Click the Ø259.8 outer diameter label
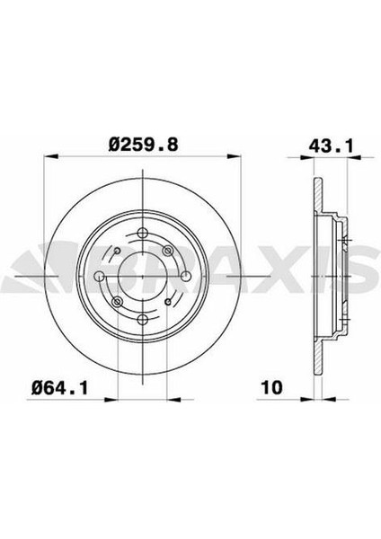143,145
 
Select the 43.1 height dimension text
331,146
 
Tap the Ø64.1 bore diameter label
60,388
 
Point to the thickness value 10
272,387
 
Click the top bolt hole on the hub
142,233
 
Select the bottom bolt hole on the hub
142,319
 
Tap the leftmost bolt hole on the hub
100,276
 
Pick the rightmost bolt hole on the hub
185,276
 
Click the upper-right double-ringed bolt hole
168,251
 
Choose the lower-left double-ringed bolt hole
118,302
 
